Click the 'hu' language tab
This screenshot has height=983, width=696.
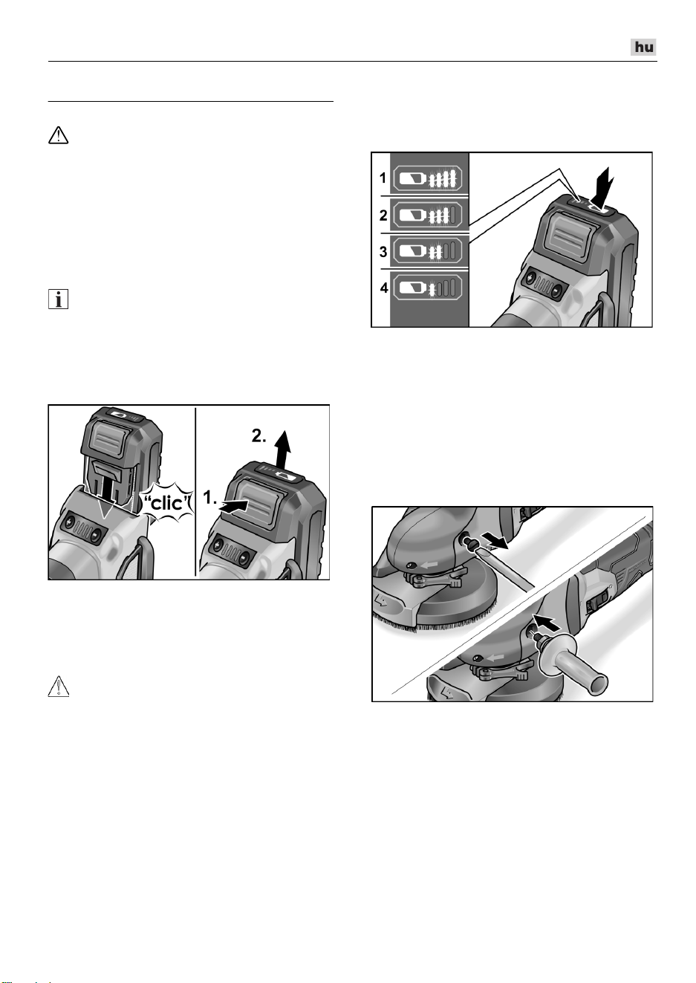(643, 47)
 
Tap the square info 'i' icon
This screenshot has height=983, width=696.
(58, 299)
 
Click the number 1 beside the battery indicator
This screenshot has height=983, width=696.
(383, 178)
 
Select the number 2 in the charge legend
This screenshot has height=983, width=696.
(383, 215)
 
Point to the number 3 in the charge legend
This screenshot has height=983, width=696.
(383, 252)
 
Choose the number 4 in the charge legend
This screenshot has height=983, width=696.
(384, 288)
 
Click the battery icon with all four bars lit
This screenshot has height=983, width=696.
(427, 178)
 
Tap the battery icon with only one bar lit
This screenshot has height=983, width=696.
(427, 288)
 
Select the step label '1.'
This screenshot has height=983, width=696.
(210, 498)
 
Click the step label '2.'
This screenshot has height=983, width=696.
(259, 435)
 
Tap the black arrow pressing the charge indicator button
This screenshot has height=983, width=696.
(602, 186)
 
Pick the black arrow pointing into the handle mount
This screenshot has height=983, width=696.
(547, 622)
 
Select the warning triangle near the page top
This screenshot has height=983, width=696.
(58, 135)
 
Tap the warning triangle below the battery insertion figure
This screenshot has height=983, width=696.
(59, 687)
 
